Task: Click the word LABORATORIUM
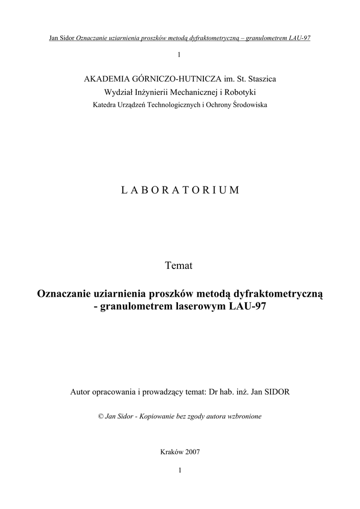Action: (x=180, y=190)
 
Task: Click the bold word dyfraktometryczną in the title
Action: (x=278, y=294)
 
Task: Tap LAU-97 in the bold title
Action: (x=248, y=307)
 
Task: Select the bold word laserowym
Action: (x=203, y=307)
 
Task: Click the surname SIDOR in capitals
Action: (x=276, y=392)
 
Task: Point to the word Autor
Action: (x=82, y=392)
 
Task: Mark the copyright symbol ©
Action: (x=101, y=416)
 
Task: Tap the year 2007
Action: (x=192, y=452)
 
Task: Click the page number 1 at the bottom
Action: (x=180, y=470)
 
